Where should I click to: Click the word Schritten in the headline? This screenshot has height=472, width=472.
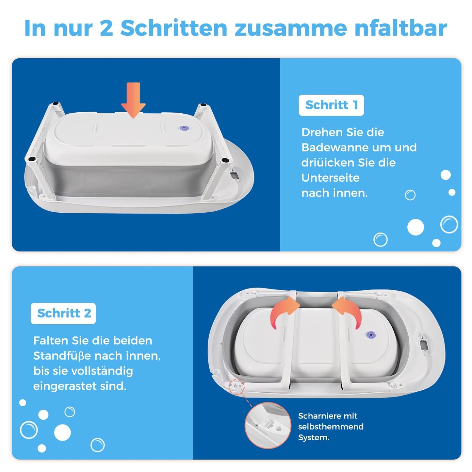[x=174, y=28]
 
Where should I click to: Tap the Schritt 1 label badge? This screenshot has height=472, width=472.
[x=331, y=105]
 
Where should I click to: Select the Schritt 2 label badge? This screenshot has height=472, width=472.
[x=63, y=313]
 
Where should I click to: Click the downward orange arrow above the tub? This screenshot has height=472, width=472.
[x=133, y=100]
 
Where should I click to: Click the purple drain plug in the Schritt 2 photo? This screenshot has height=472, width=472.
[x=370, y=334]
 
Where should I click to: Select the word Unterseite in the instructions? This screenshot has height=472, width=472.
[x=331, y=178]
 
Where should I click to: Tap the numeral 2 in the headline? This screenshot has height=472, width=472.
[x=106, y=28]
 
